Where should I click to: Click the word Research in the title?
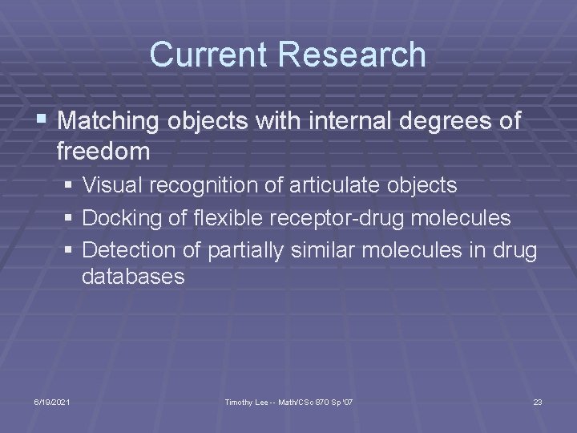pos(352,55)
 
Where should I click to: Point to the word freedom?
pos(103,150)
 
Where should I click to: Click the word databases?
pos(133,277)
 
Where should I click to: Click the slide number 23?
pos(537,402)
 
